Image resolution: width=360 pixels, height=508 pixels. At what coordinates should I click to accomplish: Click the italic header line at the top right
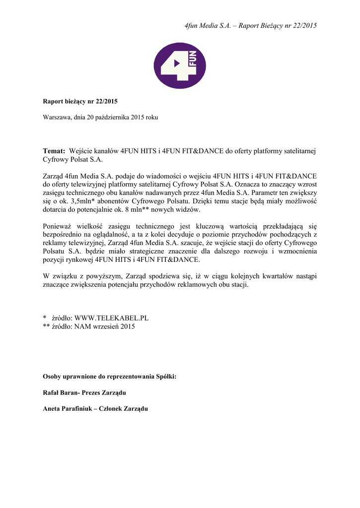(x=247, y=25)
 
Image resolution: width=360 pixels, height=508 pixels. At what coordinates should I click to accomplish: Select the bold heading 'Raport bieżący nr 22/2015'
(x=80, y=102)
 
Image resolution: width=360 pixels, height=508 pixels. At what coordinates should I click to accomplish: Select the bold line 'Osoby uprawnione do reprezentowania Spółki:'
(x=110, y=377)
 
